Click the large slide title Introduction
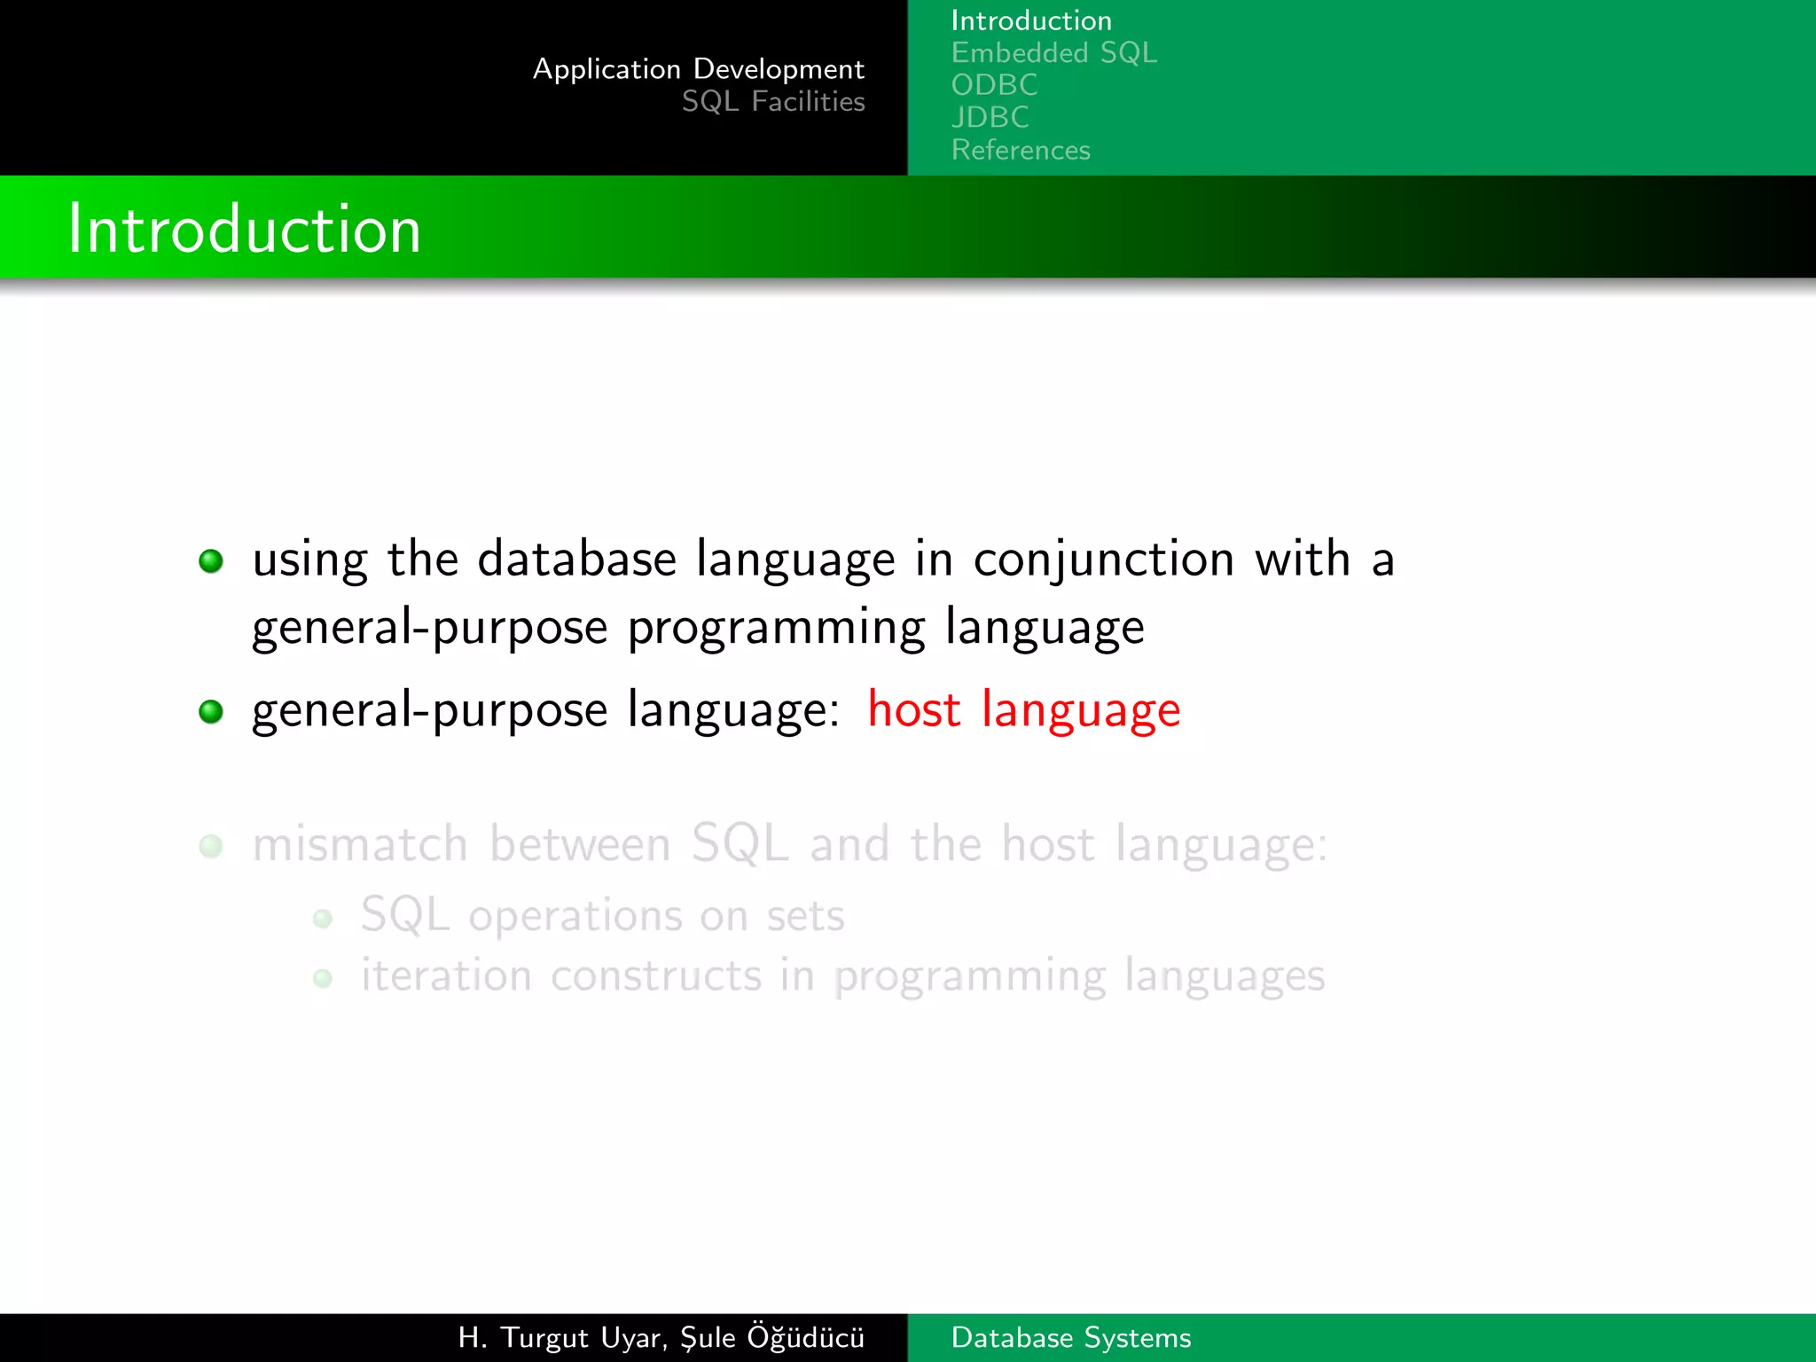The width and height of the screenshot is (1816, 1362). click(x=244, y=229)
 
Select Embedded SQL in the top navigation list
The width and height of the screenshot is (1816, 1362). click(x=1053, y=53)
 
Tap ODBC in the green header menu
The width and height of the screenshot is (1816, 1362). click(x=994, y=85)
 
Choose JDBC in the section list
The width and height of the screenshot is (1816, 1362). click(x=990, y=117)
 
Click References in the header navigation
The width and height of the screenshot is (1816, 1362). click(x=1021, y=150)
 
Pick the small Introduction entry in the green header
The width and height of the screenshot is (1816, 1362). click(x=1030, y=20)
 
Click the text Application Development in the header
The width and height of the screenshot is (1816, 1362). click(x=698, y=69)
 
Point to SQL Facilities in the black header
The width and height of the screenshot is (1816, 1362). click(x=772, y=102)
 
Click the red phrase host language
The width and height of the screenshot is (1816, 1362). click(x=1023, y=710)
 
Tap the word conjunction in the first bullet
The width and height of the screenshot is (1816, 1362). click(x=1103, y=560)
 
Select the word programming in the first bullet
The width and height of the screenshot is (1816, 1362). click(x=776, y=628)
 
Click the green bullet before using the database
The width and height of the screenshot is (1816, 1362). click(x=211, y=561)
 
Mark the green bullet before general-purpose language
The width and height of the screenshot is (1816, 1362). click(x=211, y=711)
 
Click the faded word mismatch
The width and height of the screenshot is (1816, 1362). click(x=359, y=843)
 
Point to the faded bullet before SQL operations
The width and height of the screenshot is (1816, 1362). click(x=323, y=919)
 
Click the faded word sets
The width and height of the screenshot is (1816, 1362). click(x=805, y=916)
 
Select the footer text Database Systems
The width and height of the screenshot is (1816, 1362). click(x=1070, y=1337)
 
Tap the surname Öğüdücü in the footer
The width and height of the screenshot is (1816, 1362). click(x=805, y=1336)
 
